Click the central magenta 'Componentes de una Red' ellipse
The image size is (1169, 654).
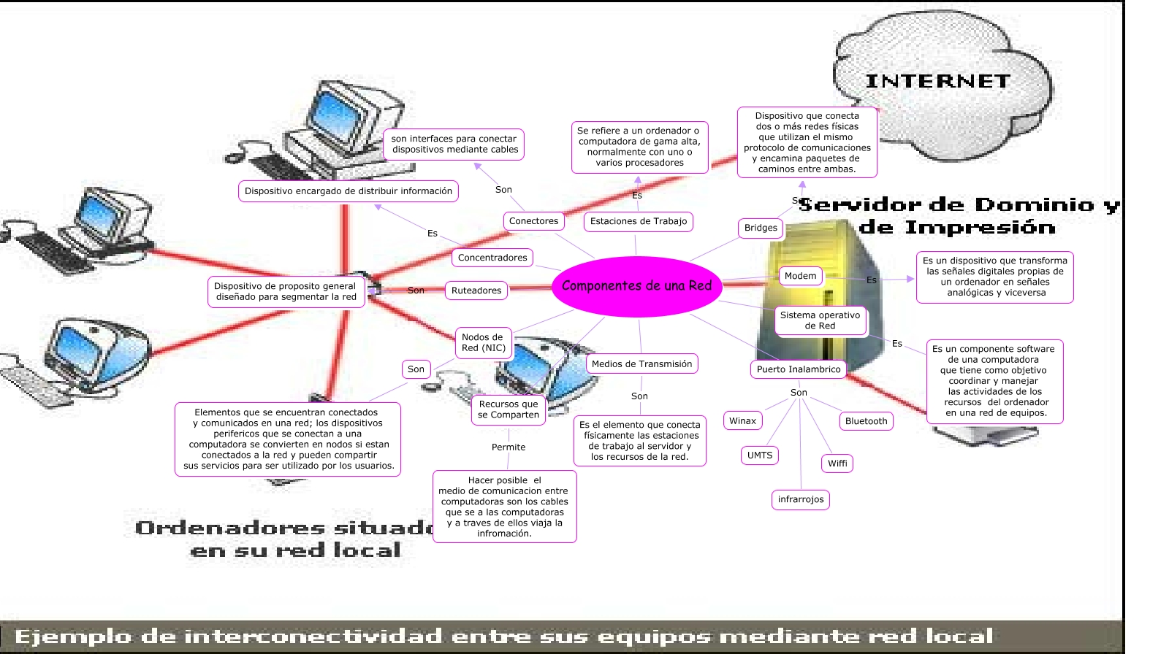[636, 286]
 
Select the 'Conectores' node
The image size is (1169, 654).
[533, 221]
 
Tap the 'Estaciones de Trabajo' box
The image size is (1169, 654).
[639, 221]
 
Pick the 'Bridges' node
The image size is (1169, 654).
[761, 228]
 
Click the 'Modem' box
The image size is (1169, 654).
[800, 276]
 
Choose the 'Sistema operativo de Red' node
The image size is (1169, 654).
[820, 320]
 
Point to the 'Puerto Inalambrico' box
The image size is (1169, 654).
[799, 369]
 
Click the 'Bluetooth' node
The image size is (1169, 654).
[866, 421]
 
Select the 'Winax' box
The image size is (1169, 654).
[742, 420]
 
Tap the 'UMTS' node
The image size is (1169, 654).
[760, 455]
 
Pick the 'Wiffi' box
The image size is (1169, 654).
[837, 463]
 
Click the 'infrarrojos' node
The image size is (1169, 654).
[801, 500]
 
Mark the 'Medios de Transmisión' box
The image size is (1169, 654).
[641, 364]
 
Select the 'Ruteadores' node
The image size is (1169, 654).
[476, 291]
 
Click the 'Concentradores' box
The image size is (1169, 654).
[492, 258]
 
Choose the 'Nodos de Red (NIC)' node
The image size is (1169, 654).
[483, 342]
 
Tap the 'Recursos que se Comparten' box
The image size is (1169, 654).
[509, 409]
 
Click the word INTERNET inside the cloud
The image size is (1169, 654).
[938, 81]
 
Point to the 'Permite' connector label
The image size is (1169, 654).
[509, 447]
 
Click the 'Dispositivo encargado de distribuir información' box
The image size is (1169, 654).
[349, 191]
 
